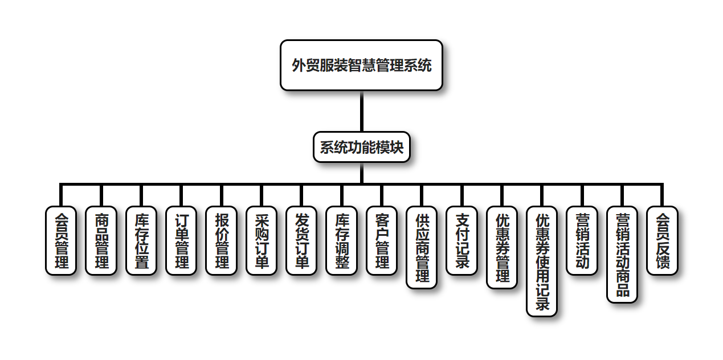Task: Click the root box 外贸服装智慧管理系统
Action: pyautogui.click(x=361, y=65)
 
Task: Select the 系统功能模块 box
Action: pyautogui.click(x=361, y=148)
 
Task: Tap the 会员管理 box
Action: pyautogui.click(x=61, y=240)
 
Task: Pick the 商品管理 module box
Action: pyautogui.click(x=101, y=240)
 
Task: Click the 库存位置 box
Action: pyautogui.click(x=141, y=240)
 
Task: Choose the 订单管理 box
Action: pyautogui.click(x=181, y=240)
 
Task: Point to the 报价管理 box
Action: pyautogui.click(x=221, y=240)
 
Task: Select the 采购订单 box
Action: pyautogui.click(x=262, y=240)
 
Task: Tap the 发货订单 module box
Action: pyautogui.click(x=301, y=240)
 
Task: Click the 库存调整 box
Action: pyautogui.click(x=341, y=240)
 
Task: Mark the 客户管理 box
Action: pyautogui.click(x=382, y=240)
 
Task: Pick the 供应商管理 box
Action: pyautogui.click(x=422, y=247)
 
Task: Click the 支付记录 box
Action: pyautogui.click(x=461, y=240)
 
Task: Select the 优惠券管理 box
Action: pyautogui.click(x=502, y=247)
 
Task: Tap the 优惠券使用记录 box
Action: pyautogui.click(x=542, y=261)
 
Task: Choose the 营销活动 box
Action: pyautogui.click(x=582, y=240)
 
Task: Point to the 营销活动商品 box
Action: pyautogui.click(x=622, y=254)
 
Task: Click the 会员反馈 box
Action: pyautogui.click(x=662, y=240)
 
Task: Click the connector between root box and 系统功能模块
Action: pyautogui.click(x=361, y=111)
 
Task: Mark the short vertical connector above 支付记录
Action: pyautogui.click(x=461, y=195)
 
